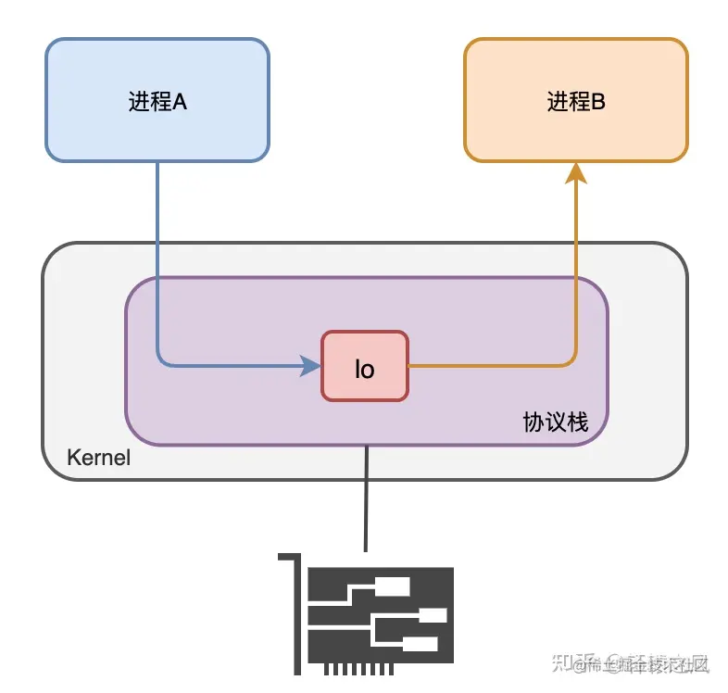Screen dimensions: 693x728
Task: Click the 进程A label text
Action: coord(157,101)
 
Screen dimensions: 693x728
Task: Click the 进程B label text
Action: coord(575,101)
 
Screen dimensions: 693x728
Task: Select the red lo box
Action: coord(364,366)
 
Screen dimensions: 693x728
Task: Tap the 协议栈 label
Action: coord(555,422)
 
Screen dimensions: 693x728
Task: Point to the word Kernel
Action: coord(98,458)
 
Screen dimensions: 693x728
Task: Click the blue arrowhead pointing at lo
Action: coord(310,366)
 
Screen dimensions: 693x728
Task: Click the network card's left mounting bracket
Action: coord(297,611)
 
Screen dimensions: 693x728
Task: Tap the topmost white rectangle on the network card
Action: coord(393,586)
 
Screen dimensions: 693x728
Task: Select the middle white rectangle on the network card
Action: coord(433,615)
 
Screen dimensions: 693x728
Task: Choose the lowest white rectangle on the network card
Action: coord(420,644)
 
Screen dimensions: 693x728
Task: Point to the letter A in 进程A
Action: coord(180,101)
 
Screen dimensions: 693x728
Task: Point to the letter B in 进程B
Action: coord(597,101)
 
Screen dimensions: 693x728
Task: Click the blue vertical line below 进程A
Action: coord(157,259)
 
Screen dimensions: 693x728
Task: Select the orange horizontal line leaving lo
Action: coord(491,366)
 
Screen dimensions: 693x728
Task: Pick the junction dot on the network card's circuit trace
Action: coord(371,614)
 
